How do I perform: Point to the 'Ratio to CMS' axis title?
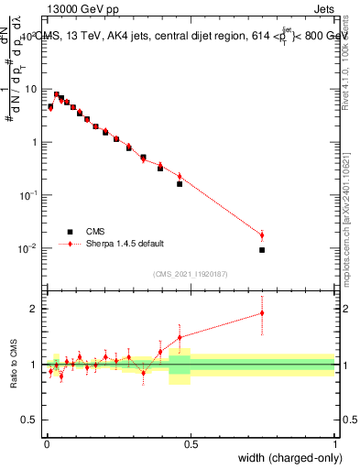12,365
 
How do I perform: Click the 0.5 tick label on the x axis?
191,444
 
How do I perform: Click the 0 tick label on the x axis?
46,444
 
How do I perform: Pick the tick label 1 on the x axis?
335,444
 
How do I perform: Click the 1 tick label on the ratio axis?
35,365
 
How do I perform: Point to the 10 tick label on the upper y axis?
32,89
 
